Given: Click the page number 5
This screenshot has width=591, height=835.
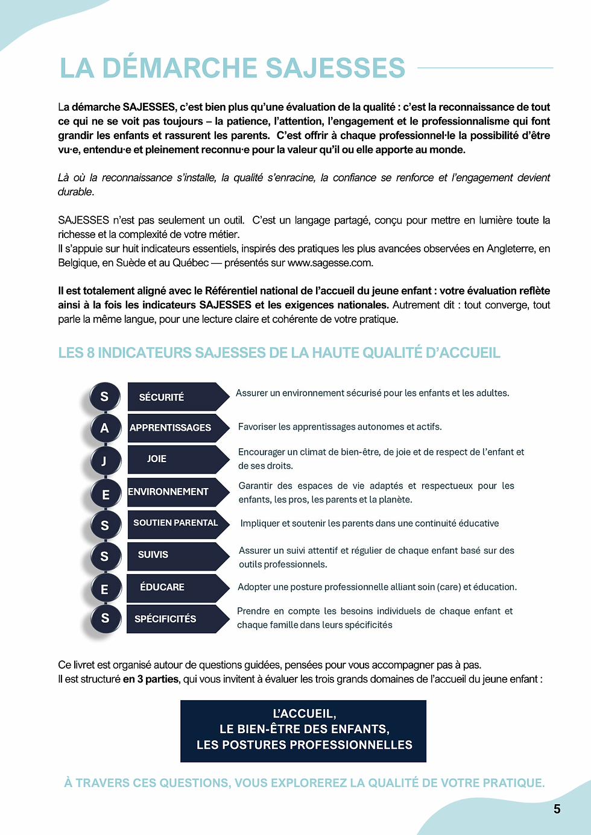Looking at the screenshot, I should click(x=557, y=809).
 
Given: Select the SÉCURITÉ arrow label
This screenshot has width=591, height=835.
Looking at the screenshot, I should click(x=162, y=397).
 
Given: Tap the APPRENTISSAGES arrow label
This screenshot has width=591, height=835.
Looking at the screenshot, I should click(x=171, y=428).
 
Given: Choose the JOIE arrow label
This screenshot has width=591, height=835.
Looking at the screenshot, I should click(x=157, y=459).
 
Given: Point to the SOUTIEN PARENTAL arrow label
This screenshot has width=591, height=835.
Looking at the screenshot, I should click(x=175, y=523).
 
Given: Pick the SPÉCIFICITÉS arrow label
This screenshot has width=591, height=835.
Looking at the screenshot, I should click(x=165, y=619).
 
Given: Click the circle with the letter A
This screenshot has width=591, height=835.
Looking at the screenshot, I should click(x=104, y=428).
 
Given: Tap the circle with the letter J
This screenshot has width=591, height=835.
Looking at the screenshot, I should click(x=104, y=461).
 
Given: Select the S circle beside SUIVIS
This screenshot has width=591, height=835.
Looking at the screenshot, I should click(x=104, y=556).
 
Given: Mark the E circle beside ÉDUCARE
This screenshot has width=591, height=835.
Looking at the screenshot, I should click(x=104, y=589).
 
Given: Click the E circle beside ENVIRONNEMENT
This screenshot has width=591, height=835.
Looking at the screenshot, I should click(x=105, y=494).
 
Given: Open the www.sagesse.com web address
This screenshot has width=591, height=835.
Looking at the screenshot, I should click(x=330, y=263).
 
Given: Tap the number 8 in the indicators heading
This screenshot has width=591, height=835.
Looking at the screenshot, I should click(x=90, y=353).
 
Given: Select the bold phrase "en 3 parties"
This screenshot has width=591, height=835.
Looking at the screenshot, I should click(x=151, y=679).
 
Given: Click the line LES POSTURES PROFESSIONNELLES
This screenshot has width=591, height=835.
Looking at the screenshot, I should click(x=304, y=745).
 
